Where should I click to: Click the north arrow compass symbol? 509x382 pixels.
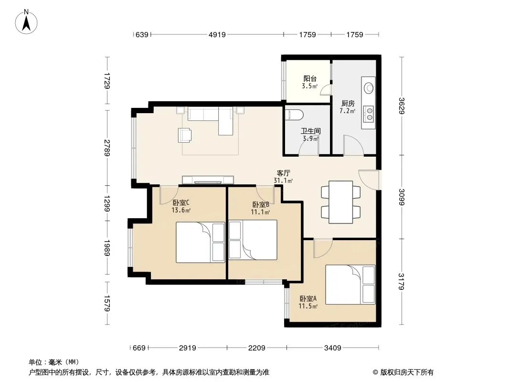pyautogui.click(x=26, y=22)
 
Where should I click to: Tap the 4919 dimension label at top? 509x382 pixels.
pyautogui.click(x=217, y=34)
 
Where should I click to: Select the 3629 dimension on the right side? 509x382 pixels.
pyautogui.click(x=402, y=106)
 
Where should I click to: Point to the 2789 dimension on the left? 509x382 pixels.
pyautogui.click(x=107, y=148)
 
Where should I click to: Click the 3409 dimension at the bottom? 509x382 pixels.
pyautogui.click(x=332, y=348)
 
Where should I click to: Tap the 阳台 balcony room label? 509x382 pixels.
pyautogui.click(x=310, y=78)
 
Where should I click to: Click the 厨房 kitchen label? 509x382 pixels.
pyautogui.click(x=348, y=104)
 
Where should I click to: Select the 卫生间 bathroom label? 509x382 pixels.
pyautogui.click(x=311, y=131)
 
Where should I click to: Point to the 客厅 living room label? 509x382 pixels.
pyautogui.click(x=284, y=173)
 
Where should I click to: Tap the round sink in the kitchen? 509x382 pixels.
pyautogui.click(x=369, y=88)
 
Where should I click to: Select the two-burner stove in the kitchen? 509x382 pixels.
pyautogui.click(x=369, y=114)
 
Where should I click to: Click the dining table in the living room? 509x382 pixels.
pyautogui.click(x=340, y=202)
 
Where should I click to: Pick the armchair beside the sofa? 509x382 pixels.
pyautogui.click(x=184, y=135)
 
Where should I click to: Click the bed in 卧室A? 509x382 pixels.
pyautogui.click(x=350, y=285)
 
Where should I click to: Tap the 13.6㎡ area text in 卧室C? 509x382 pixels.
pyautogui.click(x=181, y=210)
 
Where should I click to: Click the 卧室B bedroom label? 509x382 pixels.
pyautogui.click(x=261, y=205)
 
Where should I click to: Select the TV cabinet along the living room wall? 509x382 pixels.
pyautogui.click(x=208, y=180)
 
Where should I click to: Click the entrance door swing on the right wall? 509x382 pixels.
pyautogui.click(x=368, y=179)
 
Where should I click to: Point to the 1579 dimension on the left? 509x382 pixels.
pyautogui.click(x=107, y=303)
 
